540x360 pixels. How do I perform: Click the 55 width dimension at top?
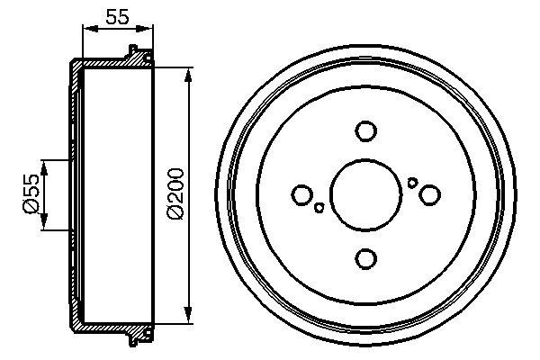pyautogui.click(x=115, y=15)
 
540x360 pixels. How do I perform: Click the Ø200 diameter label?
pyautogui.click(x=175, y=192)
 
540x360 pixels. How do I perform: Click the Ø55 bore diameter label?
pyautogui.click(x=31, y=194)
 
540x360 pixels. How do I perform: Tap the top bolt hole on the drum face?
pyautogui.click(x=365, y=131)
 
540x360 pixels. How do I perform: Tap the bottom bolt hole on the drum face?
pyautogui.click(x=365, y=259)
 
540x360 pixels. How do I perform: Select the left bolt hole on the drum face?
pyautogui.click(x=302, y=194)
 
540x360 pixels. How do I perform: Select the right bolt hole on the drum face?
pyautogui.click(x=430, y=194)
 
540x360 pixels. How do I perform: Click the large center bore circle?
pyautogui.click(x=365, y=194)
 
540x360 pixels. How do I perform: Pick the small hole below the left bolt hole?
pyautogui.click(x=319, y=209)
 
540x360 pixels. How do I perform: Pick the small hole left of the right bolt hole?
pyautogui.click(x=412, y=183)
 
